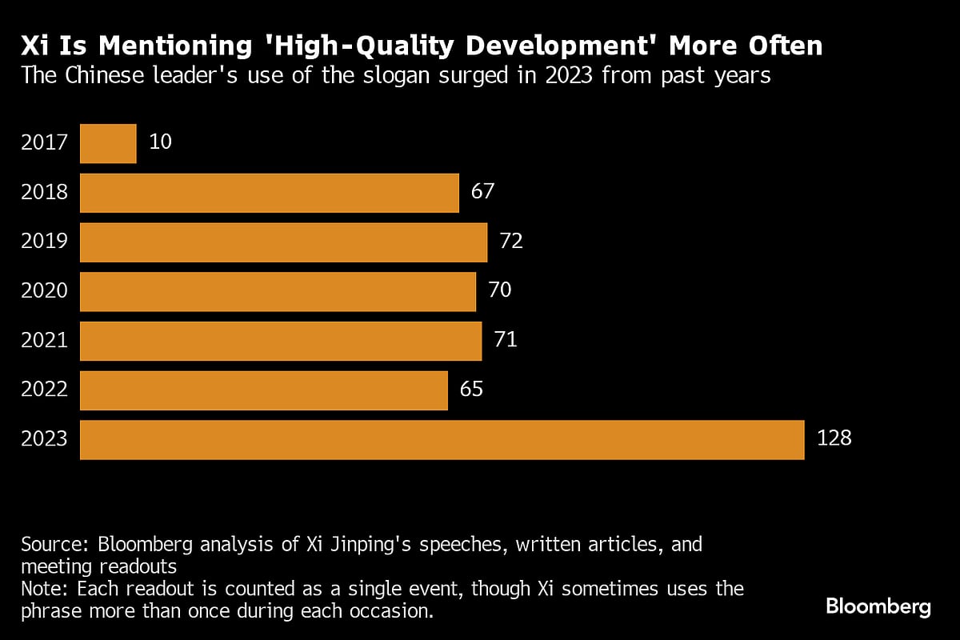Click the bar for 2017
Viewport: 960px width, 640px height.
[108, 143]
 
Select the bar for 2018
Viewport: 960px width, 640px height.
[270, 193]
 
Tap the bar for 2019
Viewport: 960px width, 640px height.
[283, 242]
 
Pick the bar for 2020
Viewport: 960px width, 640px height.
[278, 291]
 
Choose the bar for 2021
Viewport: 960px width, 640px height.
[281, 341]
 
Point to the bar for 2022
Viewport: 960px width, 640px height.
[264, 390]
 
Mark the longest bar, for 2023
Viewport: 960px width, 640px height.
[442, 439]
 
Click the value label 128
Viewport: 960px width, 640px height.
[834, 438]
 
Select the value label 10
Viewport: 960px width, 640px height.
[161, 142]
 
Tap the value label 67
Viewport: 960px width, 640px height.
[483, 192]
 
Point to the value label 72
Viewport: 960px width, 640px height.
[511, 242]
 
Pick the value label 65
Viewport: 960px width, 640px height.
[472, 390]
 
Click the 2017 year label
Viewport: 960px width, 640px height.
[45, 143]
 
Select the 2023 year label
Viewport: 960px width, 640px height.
[45, 439]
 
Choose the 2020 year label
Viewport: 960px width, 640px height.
[45, 291]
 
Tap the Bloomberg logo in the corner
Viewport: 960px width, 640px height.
[878, 606]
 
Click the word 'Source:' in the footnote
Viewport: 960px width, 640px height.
[55, 545]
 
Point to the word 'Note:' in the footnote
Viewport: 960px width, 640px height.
[46, 590]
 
